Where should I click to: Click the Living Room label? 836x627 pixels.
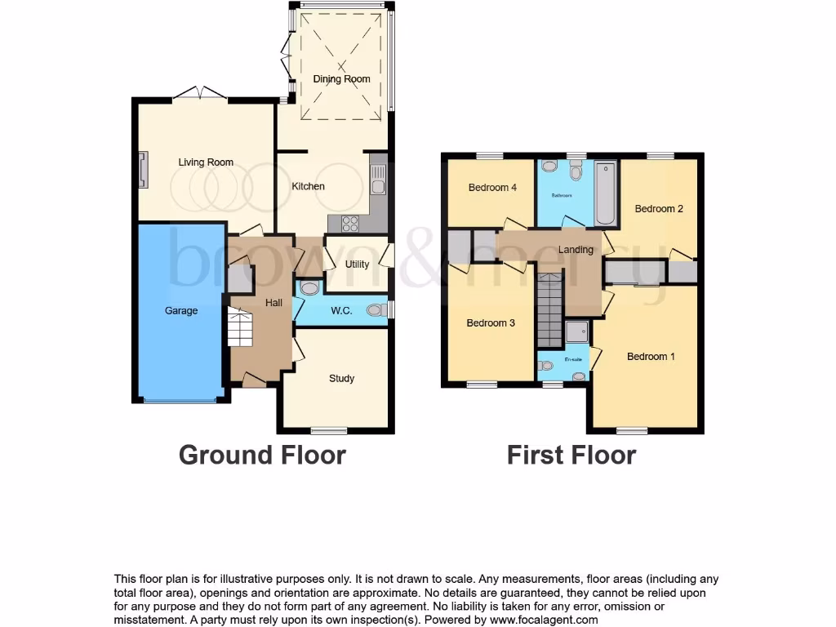206,162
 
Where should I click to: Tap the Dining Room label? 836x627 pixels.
341,79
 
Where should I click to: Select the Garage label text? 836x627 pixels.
181,310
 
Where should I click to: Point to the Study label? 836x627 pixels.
341,378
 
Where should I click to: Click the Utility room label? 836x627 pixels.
357,265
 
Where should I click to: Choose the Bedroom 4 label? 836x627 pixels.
492,188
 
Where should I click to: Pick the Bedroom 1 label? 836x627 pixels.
651,357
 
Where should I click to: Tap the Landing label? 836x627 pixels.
575,249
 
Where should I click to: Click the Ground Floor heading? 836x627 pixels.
262,455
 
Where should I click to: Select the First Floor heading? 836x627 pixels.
571,455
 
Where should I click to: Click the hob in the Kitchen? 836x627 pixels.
349,222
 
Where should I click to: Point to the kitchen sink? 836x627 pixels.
377,179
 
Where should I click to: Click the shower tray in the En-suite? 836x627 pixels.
577,331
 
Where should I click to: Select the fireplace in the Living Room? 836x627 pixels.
143,168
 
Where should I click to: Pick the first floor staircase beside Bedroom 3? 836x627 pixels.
550,310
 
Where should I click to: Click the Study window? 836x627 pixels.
330,430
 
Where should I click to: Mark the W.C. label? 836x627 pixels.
341,310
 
